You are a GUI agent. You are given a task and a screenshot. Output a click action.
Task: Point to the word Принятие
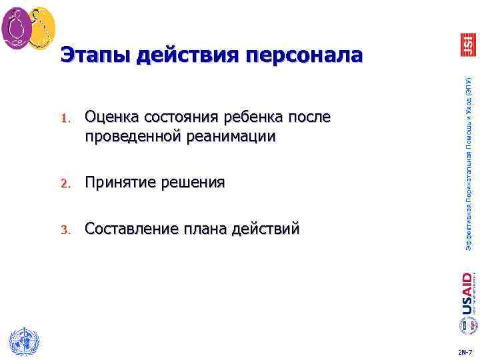(121, 183)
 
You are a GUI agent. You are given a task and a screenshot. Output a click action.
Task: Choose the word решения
(193, 183)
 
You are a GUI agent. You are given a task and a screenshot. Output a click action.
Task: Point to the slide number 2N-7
(465, 351)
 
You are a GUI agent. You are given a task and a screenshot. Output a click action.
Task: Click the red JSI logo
(468, 44)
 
